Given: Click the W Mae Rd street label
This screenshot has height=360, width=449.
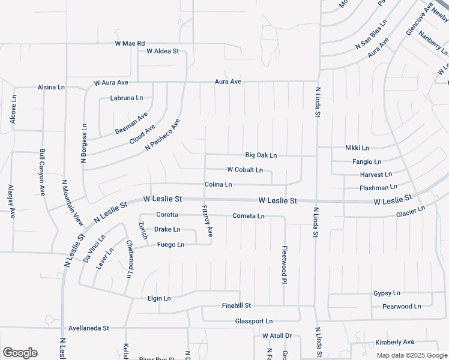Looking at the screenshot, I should (x=130, y=44).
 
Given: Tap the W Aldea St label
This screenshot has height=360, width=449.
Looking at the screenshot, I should (x=158, y=52).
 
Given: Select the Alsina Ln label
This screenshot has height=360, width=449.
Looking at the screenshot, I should (x=51, y=87).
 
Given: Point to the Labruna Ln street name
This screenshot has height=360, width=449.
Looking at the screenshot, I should (x=127, y=98).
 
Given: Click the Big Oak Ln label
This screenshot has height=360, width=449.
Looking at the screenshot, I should (x=261, y=155).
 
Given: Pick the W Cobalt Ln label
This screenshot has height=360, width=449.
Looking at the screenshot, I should (x=245, y=170).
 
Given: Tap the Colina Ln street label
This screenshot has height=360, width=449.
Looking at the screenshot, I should (x=218, y=185).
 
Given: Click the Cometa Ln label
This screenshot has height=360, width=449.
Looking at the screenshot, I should (x=249, y=216).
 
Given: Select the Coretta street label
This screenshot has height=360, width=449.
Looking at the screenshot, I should (x=167, y=215).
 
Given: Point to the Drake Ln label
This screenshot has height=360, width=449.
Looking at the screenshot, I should (x=167, y=229).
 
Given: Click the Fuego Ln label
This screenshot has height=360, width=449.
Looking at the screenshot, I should (x=170, y=244).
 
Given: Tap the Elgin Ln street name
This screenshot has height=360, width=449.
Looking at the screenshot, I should (x=159, y=298).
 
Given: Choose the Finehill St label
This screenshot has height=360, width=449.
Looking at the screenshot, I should (x=236, y=305).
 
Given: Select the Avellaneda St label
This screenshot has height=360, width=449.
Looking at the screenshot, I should (x=88, y=328).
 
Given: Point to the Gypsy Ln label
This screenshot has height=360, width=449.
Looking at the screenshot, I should (x=387, y=293).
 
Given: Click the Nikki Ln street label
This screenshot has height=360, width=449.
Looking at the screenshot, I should (x=357, y=148).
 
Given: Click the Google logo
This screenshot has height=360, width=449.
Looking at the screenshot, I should (x=20, y=353).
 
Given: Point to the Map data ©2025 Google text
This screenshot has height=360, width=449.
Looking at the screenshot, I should (x=411, y=355).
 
